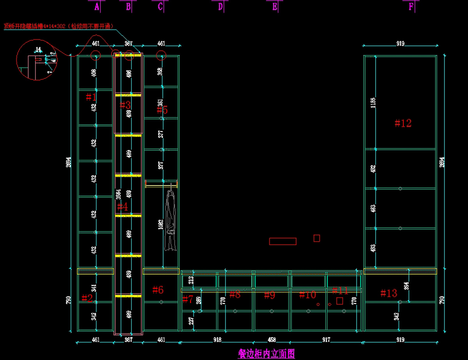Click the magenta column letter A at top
(x=97, y=7)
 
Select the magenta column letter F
(x=411, y=7)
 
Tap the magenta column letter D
(x=220, y=7)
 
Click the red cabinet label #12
(x=403, y=123)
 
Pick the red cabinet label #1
(x=91, y=97)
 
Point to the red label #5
(x=162, y=110)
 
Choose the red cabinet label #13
(x=388, y=293)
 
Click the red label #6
(x=158, y=290)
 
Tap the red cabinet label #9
(x=269, y=295)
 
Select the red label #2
(x=87, y=298)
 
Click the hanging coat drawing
(x=170, y=220)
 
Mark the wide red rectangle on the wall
(x=283, y=241)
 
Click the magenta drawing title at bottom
(x=266, y=354)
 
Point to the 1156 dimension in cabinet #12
(x=373, y=103)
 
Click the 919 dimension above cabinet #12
(x=400, y=44)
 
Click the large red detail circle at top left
(x=37, y=60)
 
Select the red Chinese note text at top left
(x=58, y=26)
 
